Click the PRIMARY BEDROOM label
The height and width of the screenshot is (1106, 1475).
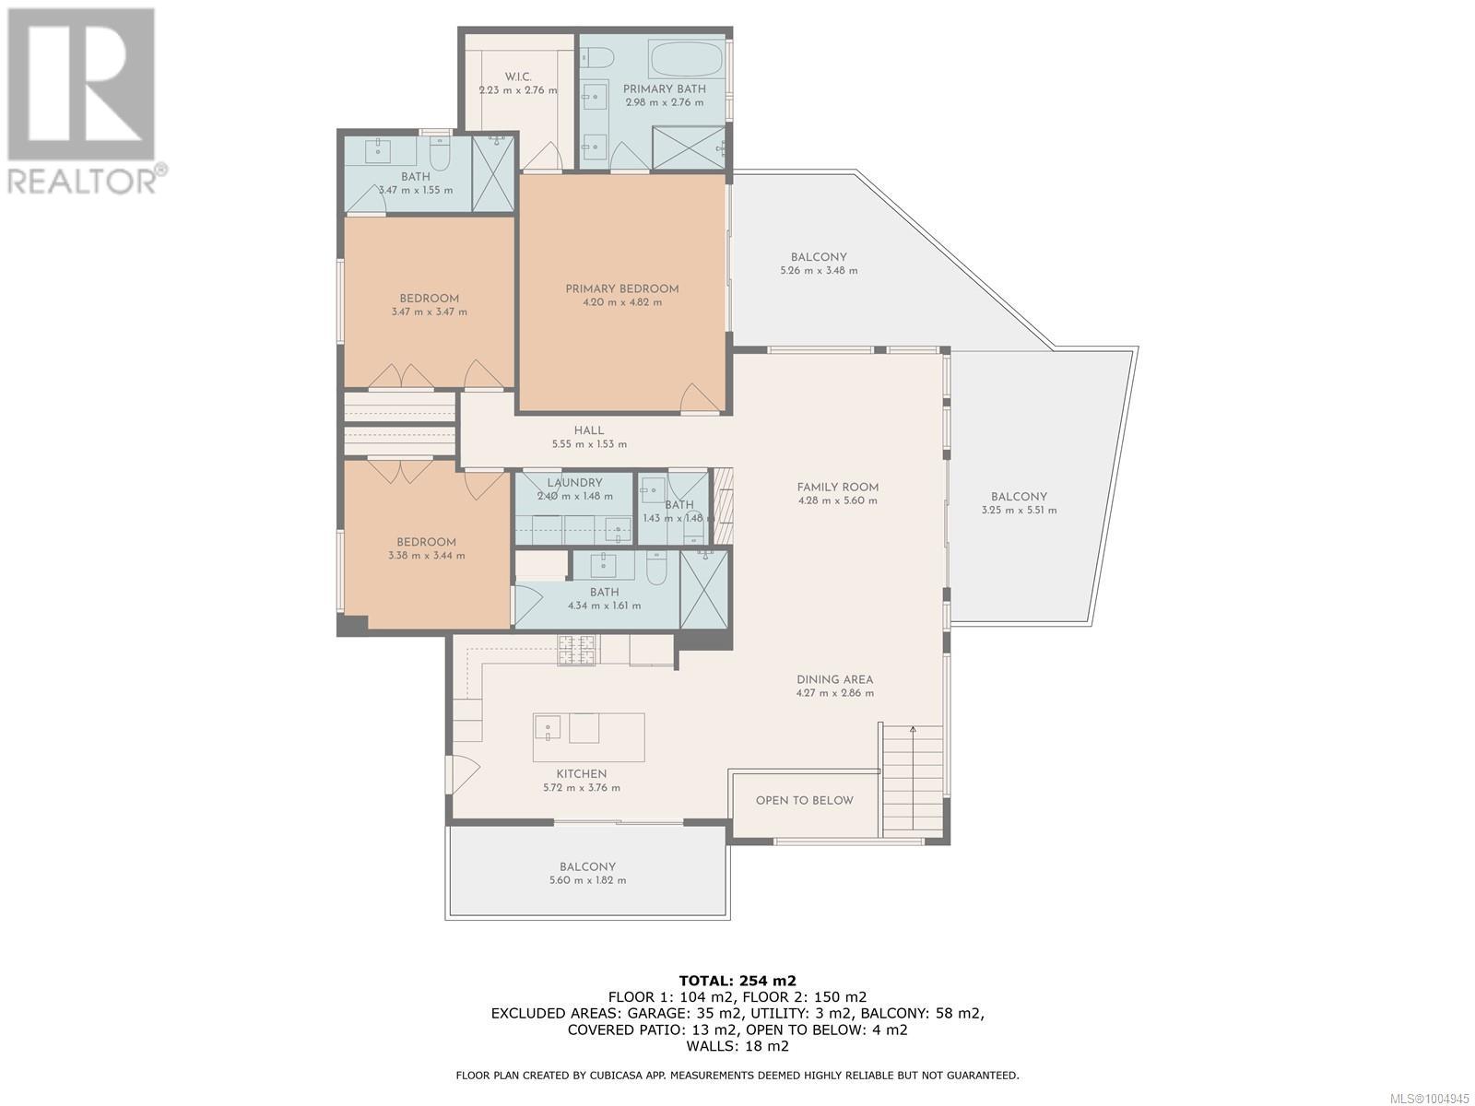point(621,288)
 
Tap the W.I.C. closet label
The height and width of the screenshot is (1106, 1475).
point(517,76)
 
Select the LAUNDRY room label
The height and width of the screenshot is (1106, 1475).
point(574,483)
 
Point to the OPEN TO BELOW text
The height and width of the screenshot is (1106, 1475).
point(805,800)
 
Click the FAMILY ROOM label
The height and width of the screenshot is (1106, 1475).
point(837,488)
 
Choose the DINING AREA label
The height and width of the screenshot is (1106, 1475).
point(834,679)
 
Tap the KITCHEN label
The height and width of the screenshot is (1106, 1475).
point(582,774)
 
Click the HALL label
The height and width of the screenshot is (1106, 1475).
point(589,430)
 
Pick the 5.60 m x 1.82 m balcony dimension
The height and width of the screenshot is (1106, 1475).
point(587,880)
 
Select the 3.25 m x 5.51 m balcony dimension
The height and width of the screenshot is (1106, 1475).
point(1019,511)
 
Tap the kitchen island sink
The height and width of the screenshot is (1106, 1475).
point(548,727)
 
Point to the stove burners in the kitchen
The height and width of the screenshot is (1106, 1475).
point(576,651)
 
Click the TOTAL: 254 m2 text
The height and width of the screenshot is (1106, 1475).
point(737,981)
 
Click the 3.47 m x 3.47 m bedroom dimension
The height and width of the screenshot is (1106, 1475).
point(430,312)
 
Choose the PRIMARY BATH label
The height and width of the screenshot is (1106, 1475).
point(665,89)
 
